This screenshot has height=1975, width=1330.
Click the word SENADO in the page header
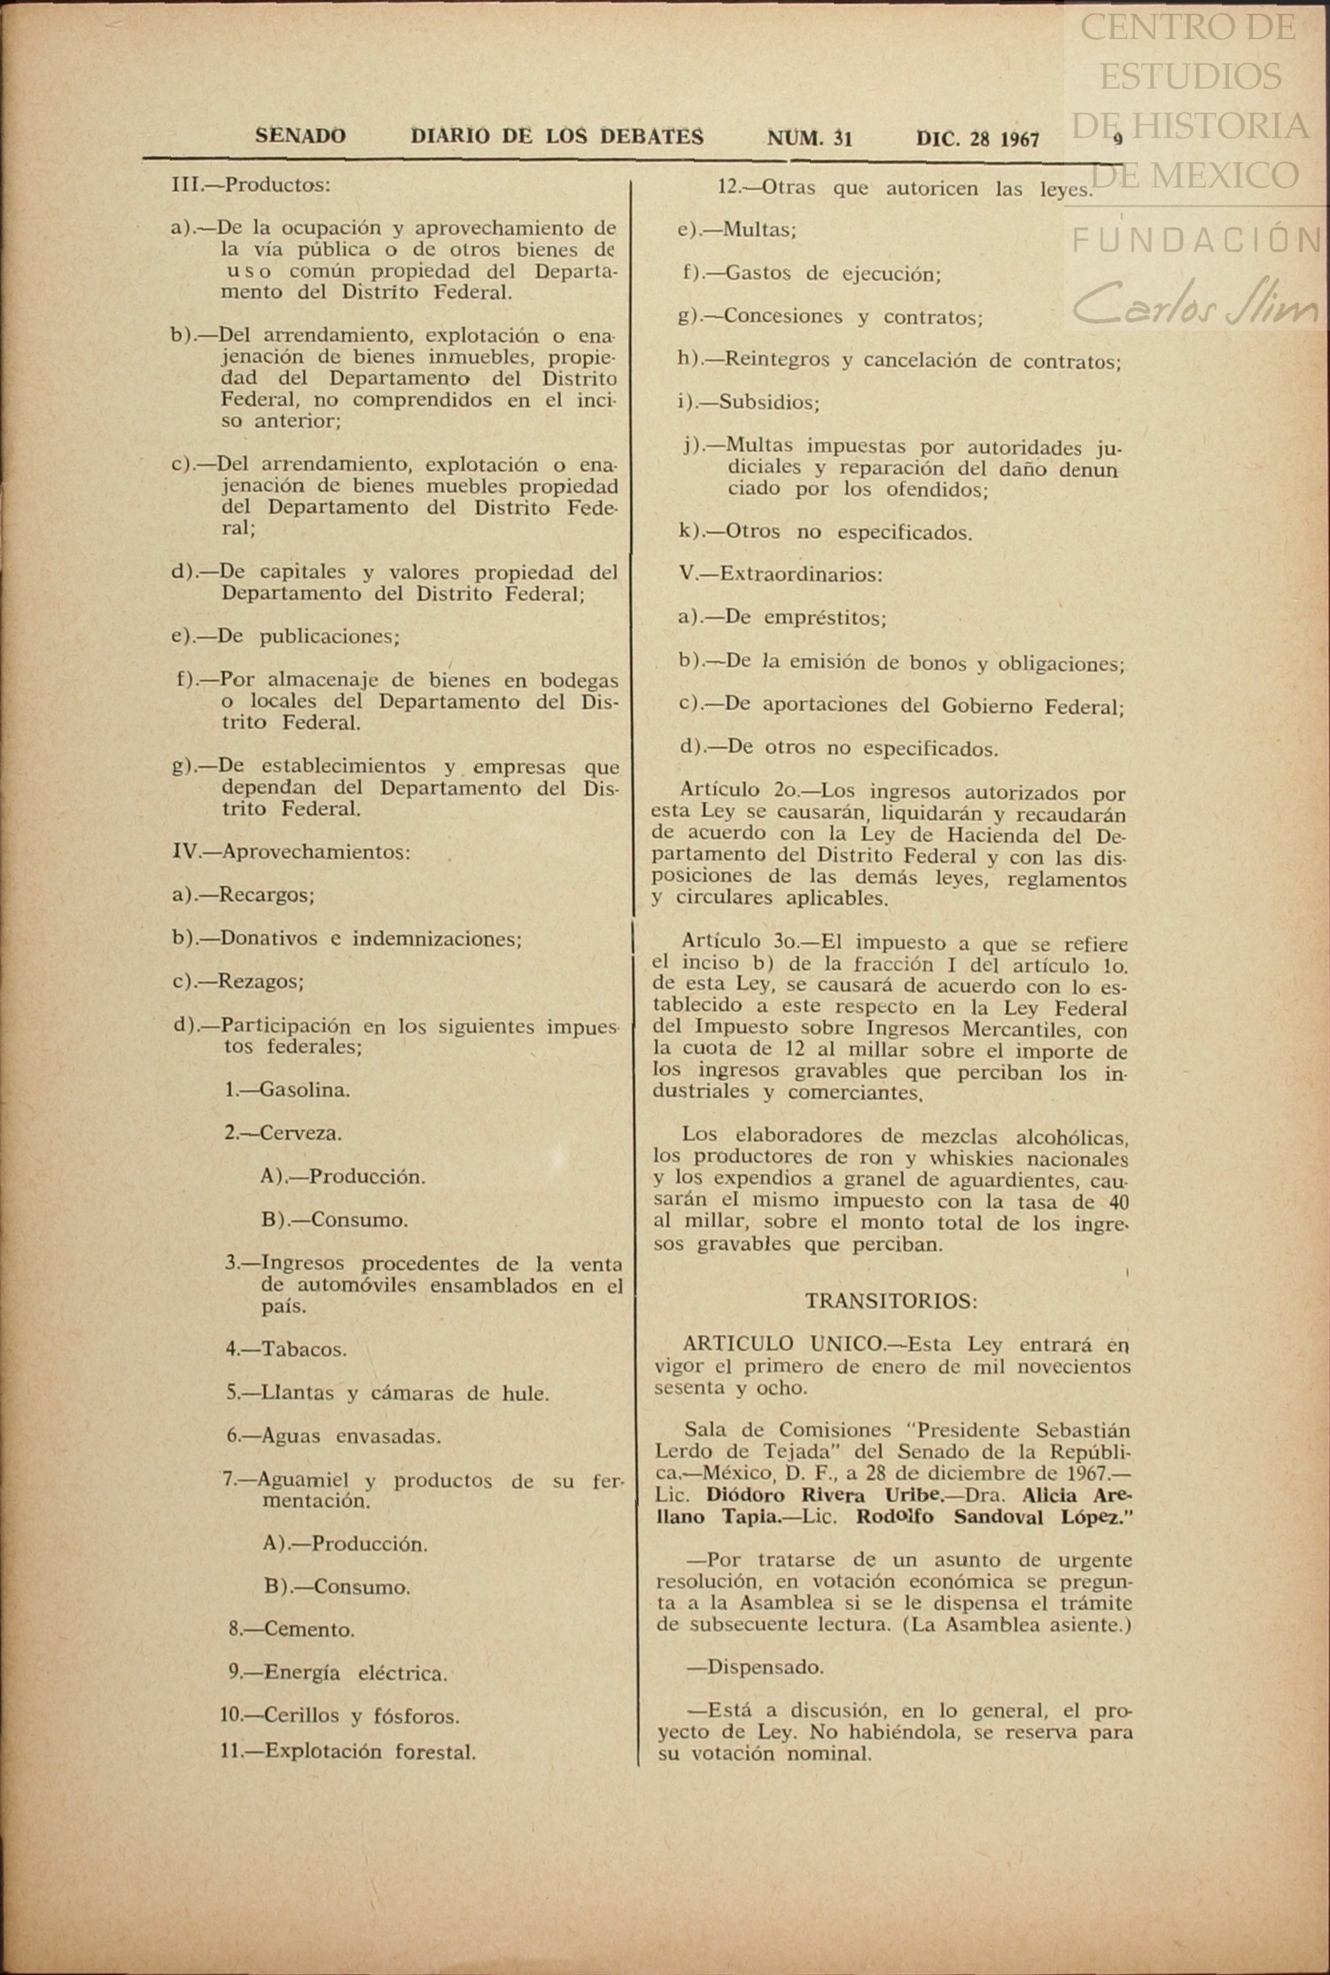[x=300, y=136]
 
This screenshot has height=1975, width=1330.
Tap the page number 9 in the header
[x=1118, y=139]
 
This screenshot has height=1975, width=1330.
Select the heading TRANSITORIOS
[x=891, y=1301]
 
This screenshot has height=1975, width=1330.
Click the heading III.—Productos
[x=251, y=185]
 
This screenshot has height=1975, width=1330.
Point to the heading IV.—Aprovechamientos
[x=291, y=851]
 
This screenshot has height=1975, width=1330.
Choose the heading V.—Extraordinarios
[x=781, y=574]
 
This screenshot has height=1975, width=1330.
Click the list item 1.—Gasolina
[x=287, y=1090]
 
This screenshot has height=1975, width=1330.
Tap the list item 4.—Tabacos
[x=286, y=1349]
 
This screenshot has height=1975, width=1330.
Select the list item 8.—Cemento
[x=292, y=1629]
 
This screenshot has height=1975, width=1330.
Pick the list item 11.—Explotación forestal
[x=348, y=1751]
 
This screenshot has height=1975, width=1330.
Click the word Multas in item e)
[x=758, y=230]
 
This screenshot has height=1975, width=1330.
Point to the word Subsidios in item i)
[x=768, y=403]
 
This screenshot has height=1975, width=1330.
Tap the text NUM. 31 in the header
[x=809, y=138]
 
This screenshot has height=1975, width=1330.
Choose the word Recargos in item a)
[x=266, y=895]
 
